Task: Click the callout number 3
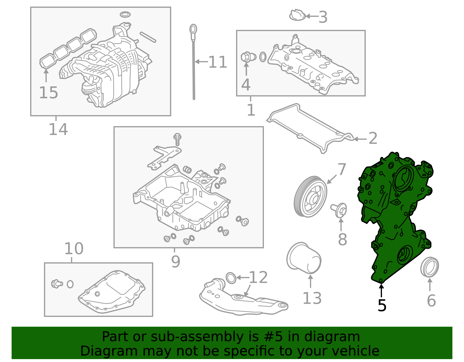pos(323,17)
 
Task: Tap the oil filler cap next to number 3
pos(297,15)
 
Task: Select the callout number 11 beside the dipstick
pos(217,62)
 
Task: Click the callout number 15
pos(48,93)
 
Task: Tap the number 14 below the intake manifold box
pos(58,129)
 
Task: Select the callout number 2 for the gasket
pos(373,139)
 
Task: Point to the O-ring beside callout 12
pos(231,278)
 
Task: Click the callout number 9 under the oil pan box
pos(176,261)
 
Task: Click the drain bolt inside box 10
pos(57,283)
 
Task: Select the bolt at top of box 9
pos(177,139)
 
